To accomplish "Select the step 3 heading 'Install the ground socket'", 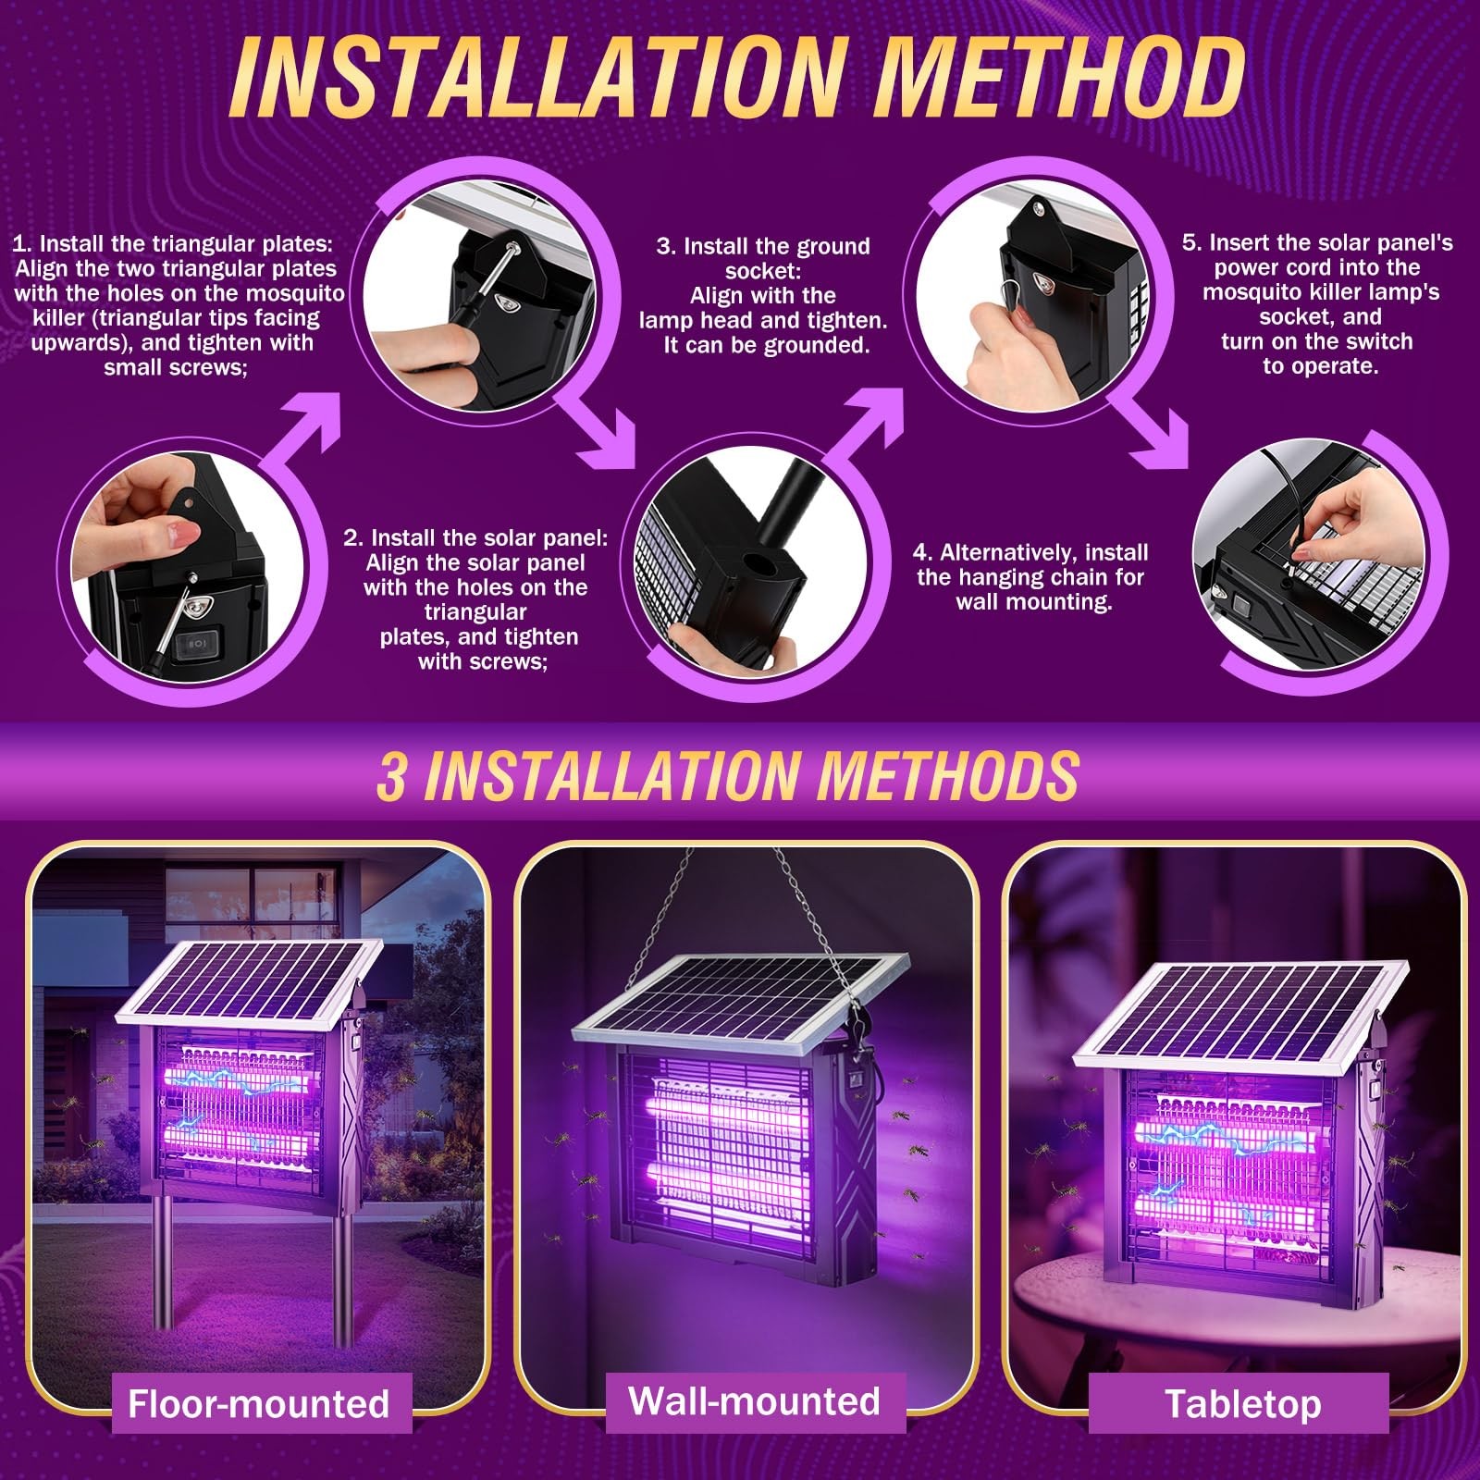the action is click(x=763, y=258).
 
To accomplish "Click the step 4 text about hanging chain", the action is click(x=1030, y=577).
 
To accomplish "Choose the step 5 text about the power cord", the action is click(x=1317, y=304).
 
